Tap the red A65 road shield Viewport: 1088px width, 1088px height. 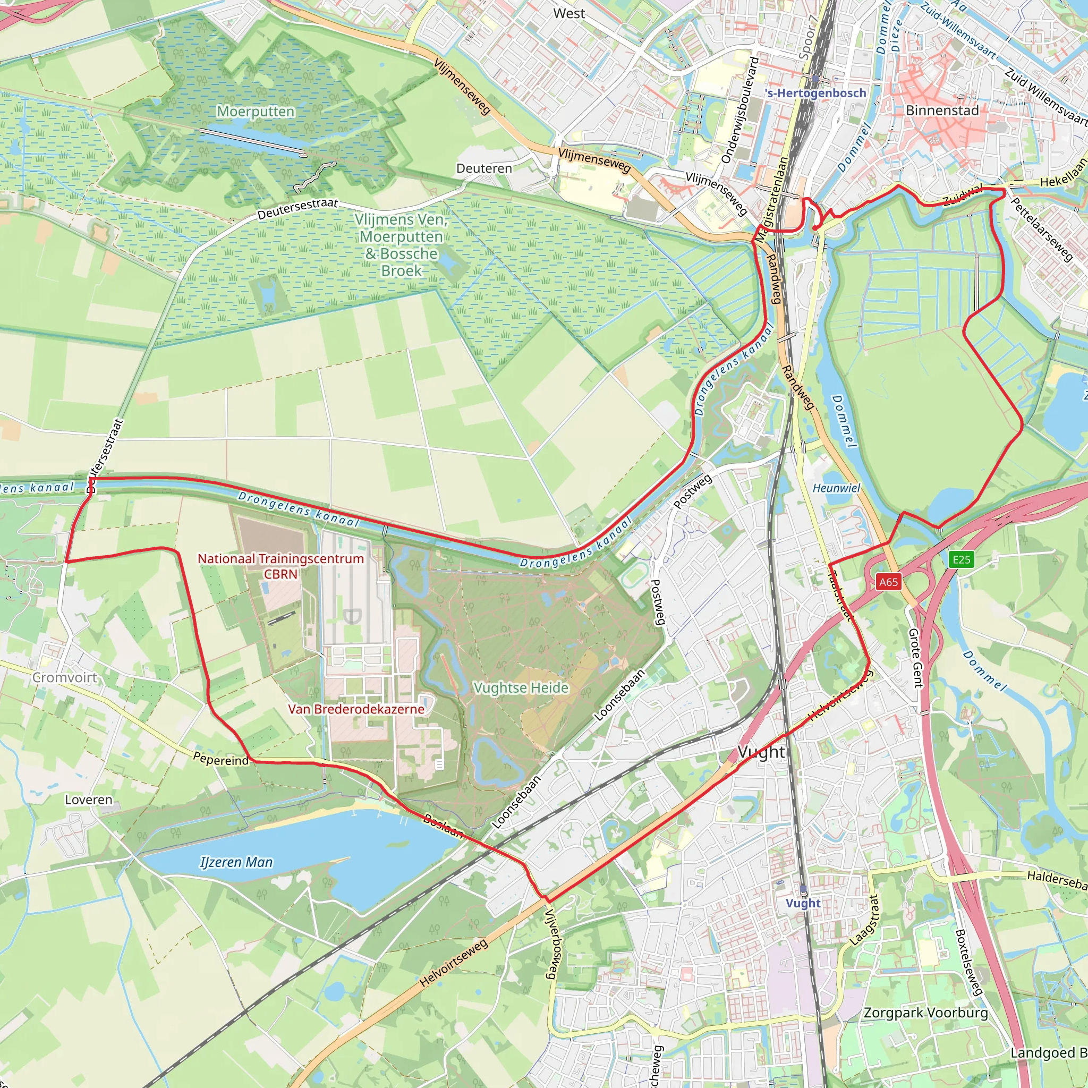[x=889, y=582]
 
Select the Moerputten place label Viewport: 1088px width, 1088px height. [x=256, y=112]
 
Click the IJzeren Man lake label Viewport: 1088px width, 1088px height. [x=236, y=862]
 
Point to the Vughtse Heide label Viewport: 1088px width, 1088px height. [x=521, y=687]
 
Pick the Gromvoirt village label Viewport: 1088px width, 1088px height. [x=65, y=677]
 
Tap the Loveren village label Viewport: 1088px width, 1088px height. [x=88, y=800]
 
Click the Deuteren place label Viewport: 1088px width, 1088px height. [x=484, y=168]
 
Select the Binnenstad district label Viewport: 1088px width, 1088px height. [x=942, y=110]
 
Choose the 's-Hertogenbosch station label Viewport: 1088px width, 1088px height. [x=815, y=93]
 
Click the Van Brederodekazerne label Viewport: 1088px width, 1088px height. [x=356, y=709]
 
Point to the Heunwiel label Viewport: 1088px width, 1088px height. [x=836, y=488]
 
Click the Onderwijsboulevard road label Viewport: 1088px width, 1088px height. [x=741, y=110]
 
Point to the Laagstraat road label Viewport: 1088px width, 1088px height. [x=864, y=920]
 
